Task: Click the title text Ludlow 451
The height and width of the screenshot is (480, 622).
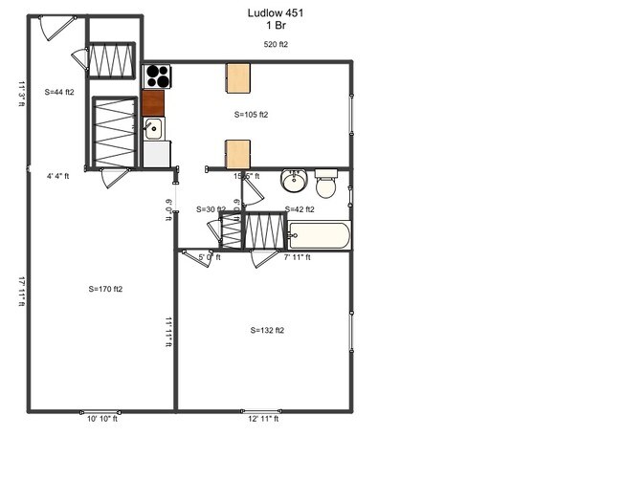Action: [x=277, y=12]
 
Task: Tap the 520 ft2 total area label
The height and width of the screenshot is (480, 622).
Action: [x=277, y=45]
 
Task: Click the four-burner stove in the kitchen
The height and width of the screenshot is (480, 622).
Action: [x=155, y=76]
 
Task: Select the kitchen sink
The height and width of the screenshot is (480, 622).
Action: [x=154, y=128]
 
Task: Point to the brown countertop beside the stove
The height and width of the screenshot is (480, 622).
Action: [x=153, y=101]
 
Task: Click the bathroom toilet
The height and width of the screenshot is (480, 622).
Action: [x=326, y=183]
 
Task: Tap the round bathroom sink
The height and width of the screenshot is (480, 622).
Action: [x=294, y=182]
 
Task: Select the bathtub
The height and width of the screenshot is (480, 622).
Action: [x=320, y=235]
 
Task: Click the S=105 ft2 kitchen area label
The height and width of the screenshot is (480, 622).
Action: [x=251, y=115]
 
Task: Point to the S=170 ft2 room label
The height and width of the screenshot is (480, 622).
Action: [x=105, y=289]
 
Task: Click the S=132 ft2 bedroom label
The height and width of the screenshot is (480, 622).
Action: [x=267, y=330]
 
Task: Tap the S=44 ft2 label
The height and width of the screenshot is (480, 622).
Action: [x=59, y=92]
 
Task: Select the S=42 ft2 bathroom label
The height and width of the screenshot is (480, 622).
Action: [x=299, y=208]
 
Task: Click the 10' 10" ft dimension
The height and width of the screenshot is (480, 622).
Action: [x=102, y=419]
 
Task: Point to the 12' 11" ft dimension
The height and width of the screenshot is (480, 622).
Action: [x=263, y=419]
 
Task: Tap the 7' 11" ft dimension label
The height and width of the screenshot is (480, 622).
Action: [x=297, y=257]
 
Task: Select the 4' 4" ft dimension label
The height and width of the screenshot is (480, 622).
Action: [x=58, y=176]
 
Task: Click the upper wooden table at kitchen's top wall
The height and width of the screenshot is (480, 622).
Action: [x=238, y=77]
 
